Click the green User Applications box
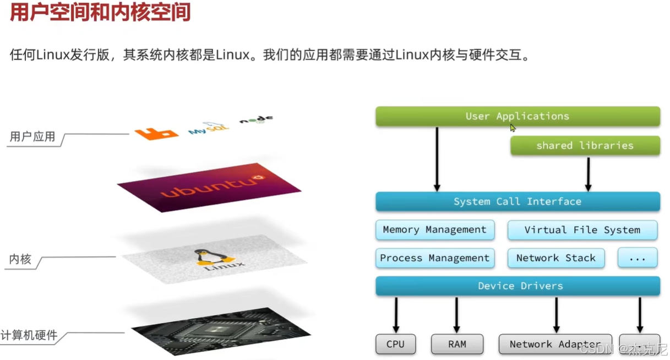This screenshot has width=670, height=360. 518,116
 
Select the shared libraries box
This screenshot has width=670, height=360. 585,145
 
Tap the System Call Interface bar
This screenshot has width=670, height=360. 518,201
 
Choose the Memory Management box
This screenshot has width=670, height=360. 435,230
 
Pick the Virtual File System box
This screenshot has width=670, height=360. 582,230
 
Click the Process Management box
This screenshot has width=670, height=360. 435,258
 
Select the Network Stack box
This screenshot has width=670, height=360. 555,258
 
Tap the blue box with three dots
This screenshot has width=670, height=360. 638,258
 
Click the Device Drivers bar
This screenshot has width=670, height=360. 518,286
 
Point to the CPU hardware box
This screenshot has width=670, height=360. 395,344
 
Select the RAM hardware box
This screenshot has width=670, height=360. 457,344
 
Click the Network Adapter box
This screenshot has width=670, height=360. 555,344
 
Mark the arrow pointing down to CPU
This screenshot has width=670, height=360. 396,314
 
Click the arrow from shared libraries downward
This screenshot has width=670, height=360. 588,173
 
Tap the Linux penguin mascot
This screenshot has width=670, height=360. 203,257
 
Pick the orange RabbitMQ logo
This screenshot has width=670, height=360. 157,133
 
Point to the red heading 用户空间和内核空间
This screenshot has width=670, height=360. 100,12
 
